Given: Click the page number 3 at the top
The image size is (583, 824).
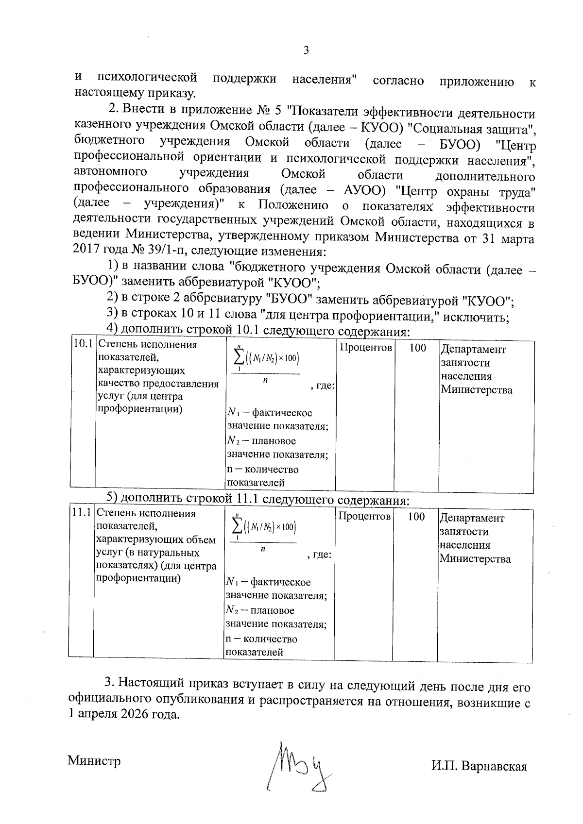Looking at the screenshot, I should click(306, 50).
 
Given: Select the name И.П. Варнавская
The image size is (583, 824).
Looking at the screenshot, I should click(479, 766).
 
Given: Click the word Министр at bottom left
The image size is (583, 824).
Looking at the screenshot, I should click(94, 760).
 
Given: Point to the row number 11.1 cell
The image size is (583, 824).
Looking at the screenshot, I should click(81, 513).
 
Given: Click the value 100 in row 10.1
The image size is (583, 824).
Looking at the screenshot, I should click(418, 348).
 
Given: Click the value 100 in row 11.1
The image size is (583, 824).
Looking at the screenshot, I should click(416, 517).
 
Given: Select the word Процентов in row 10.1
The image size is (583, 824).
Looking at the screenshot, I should click(365, 348).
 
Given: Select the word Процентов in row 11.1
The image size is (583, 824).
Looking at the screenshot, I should click(364, 517).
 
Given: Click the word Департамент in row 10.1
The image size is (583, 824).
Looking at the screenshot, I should click(473, 350).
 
